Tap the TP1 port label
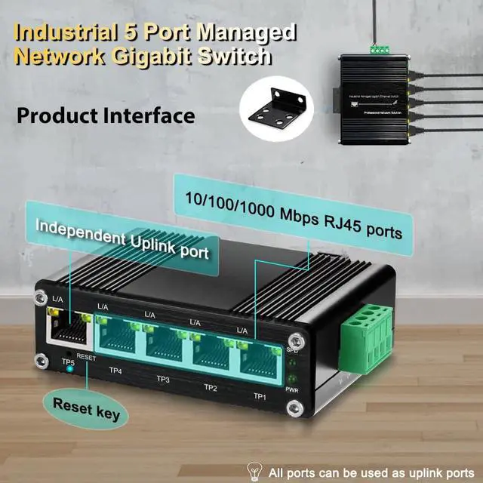click(260, 396)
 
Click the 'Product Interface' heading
click(106, 115)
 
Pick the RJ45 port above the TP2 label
click(213, 350)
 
